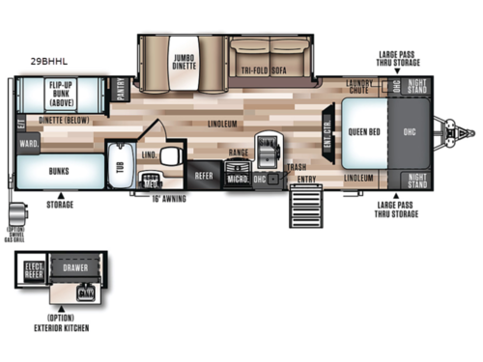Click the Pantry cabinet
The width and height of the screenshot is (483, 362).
(122, 90)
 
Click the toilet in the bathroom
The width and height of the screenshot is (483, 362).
(172, 156)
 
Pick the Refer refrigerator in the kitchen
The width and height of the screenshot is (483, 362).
(204, 176)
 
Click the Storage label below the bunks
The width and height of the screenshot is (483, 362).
(60, 205)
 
